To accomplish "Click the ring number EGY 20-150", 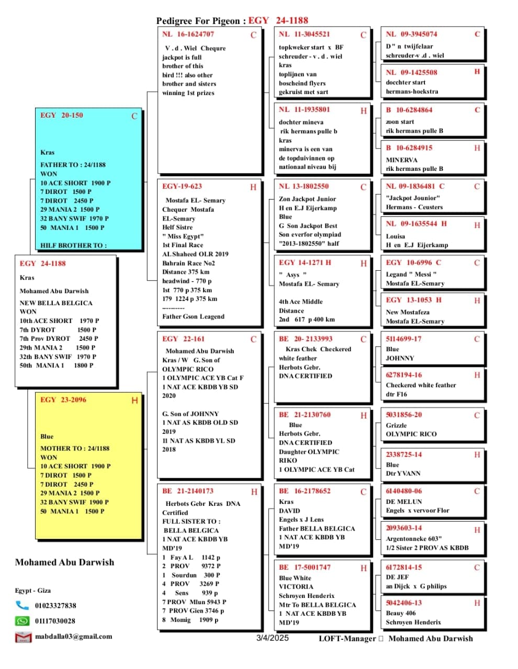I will (61, 115).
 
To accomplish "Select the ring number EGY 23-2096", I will (63, 400).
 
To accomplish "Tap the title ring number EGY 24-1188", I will (278, 20).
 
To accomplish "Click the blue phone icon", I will (22, 605).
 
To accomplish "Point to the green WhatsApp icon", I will (22, 621).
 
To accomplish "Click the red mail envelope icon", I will (22, 637).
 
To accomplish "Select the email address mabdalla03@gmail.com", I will (73, 637).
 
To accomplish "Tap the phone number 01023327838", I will (55, 606).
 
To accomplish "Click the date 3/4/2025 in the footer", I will (272, 638).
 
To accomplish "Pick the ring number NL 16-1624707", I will (188, 34).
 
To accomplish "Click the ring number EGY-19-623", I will (182, 186).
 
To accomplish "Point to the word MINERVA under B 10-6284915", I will (401, 160).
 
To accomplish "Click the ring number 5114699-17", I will (403, 339).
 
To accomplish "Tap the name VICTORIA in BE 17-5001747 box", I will (296, 587).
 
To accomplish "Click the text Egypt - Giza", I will (33, 590).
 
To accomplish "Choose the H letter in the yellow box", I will (134, 400).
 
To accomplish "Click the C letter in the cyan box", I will (134, 116).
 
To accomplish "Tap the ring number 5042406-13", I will (403, 603).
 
